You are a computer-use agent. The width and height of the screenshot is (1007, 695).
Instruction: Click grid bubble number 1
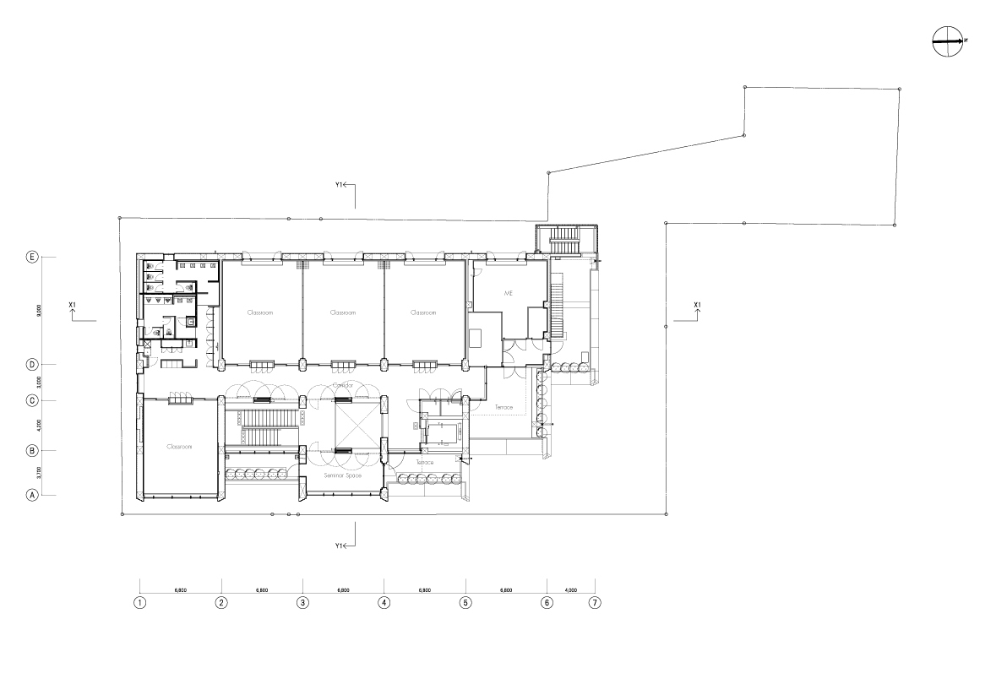(140, 603)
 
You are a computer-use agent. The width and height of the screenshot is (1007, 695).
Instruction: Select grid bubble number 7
(596, 603)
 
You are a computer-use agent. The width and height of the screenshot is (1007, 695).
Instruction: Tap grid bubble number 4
(384, 603)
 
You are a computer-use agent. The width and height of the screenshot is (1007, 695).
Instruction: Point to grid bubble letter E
(32, 257)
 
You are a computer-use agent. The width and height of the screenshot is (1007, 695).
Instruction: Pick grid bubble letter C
(32, 400)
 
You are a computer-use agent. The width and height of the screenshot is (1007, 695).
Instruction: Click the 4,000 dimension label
(571, 590)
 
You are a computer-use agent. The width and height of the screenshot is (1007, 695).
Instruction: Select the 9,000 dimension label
(39, 311)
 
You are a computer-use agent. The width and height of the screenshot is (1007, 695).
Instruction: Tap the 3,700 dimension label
(39, 473)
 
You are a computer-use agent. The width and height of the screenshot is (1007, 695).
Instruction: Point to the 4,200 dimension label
(39, 426)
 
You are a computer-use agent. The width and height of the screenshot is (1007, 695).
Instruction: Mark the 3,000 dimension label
(39, 383)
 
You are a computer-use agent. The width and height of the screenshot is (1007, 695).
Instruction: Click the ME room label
(509, 293)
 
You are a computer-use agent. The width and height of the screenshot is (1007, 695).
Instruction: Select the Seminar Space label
(342, 476)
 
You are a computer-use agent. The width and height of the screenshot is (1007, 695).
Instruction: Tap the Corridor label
(342, 385)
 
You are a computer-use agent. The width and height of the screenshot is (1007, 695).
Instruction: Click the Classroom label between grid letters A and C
(180, 447)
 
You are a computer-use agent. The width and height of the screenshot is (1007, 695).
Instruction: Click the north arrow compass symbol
(948, 41)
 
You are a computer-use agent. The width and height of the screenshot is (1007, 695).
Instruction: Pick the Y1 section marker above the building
(343, 185)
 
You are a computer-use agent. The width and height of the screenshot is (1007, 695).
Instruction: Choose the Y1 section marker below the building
(343, 546)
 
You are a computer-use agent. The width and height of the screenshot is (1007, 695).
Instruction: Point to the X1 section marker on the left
(73, 306)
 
